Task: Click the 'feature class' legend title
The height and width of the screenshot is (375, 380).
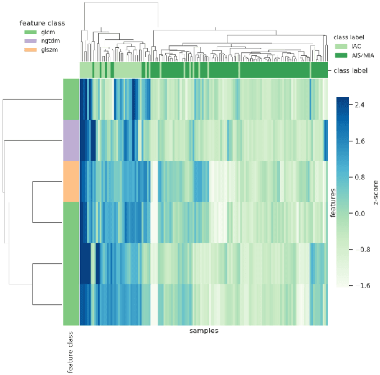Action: coord(42,24)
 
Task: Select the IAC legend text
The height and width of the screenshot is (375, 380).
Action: coord(356,45)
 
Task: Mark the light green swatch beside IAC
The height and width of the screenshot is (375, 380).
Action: coord(340,45)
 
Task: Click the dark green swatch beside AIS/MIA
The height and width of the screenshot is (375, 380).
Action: coord(340,55)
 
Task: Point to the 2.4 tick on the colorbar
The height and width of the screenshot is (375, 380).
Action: coord(360,106)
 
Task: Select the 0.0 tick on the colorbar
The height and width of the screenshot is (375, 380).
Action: coord(360,213)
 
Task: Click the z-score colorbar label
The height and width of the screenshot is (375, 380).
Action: coord(375,192)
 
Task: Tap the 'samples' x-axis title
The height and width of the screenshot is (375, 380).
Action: coord(203,332)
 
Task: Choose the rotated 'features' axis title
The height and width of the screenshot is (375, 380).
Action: coord(333,202)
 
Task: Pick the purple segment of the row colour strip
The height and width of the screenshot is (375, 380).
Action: coord(70,140)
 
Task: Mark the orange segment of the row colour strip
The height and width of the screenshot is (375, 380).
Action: coord(70,181)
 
